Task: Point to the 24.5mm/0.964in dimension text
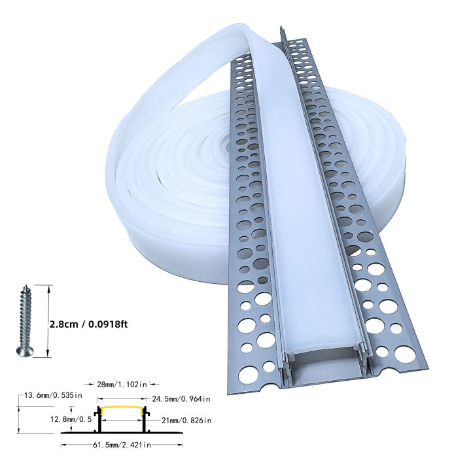pyautogui.click(x=179, y=398)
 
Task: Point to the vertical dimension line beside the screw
pyautogui.click(x=48, y=321)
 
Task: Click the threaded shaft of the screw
pyautogui.click(x=22, y=317)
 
